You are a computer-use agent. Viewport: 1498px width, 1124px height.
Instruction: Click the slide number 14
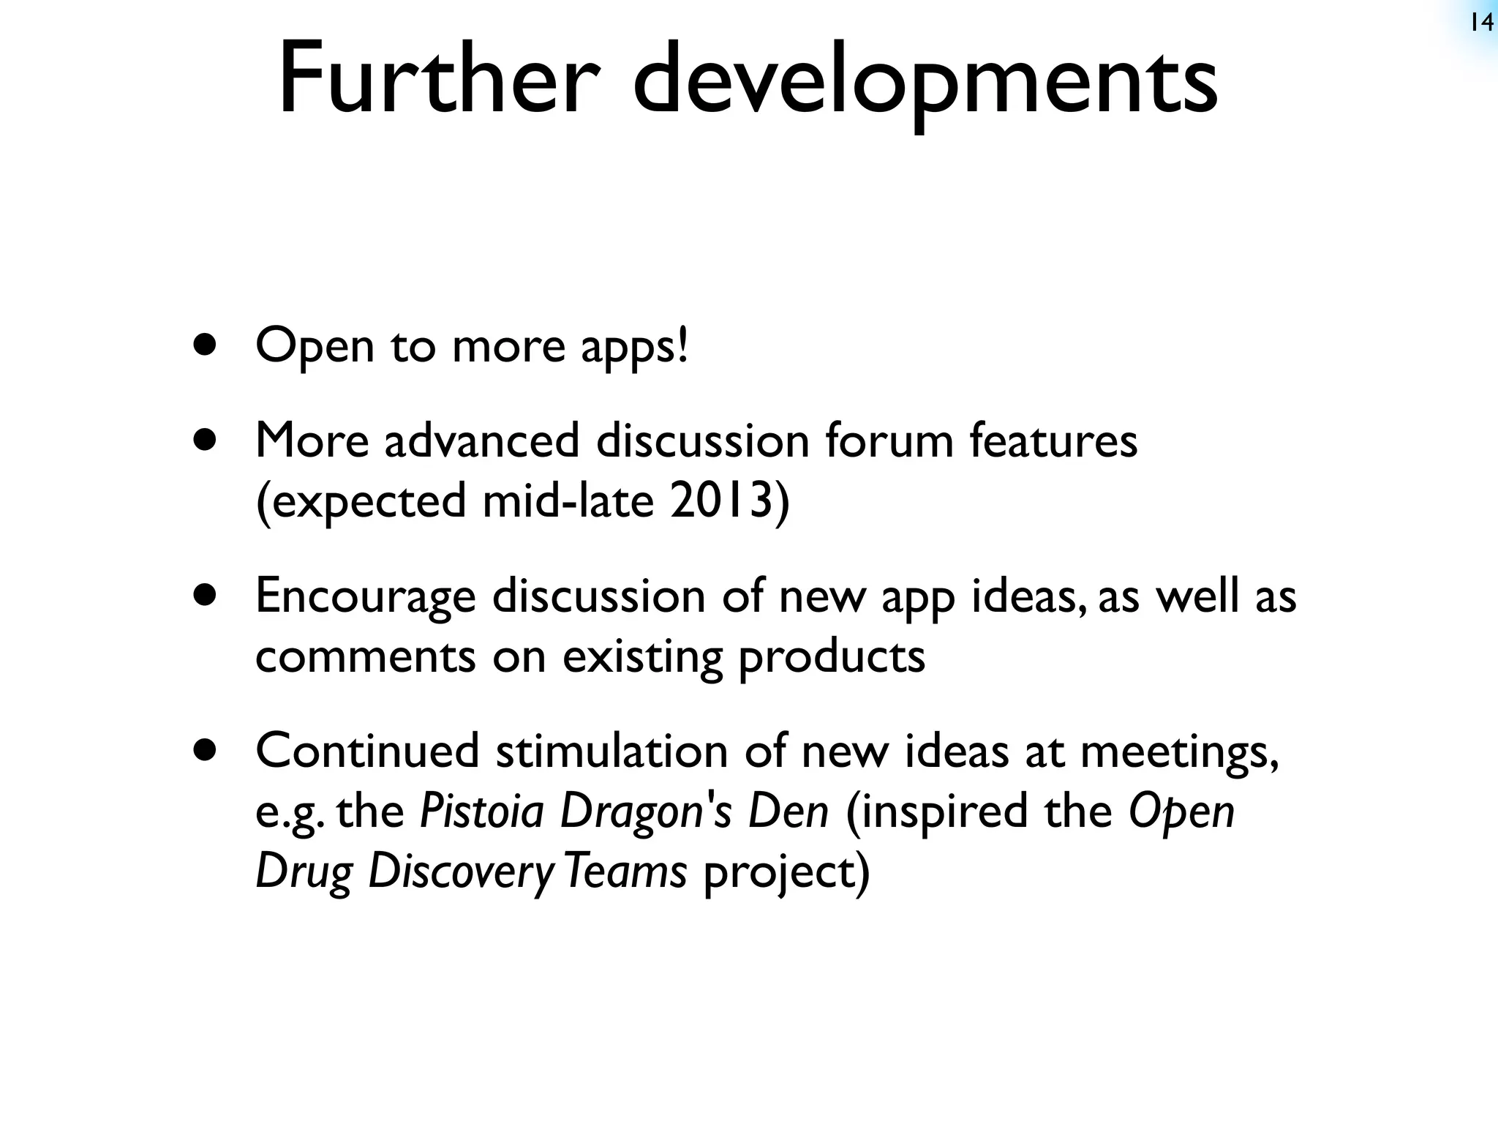[1480, 23]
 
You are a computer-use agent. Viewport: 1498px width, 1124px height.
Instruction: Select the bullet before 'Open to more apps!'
[206, 345]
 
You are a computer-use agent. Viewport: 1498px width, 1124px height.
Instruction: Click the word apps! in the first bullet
[634, 348]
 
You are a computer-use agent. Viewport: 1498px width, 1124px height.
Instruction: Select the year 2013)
[729, 502]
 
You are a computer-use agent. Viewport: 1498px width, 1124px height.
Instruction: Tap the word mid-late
[568, 501]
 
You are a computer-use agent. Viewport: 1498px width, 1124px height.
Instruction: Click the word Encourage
[365, 597]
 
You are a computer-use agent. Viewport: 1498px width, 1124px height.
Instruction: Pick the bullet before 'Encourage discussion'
[206, 596]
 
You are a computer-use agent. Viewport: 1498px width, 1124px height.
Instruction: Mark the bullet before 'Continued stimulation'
[206, 750]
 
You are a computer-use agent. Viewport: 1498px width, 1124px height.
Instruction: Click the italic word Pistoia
[482, 812]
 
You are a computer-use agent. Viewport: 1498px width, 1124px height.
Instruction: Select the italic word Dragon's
[645, 813]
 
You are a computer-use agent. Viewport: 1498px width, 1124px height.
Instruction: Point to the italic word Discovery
[462, 873]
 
